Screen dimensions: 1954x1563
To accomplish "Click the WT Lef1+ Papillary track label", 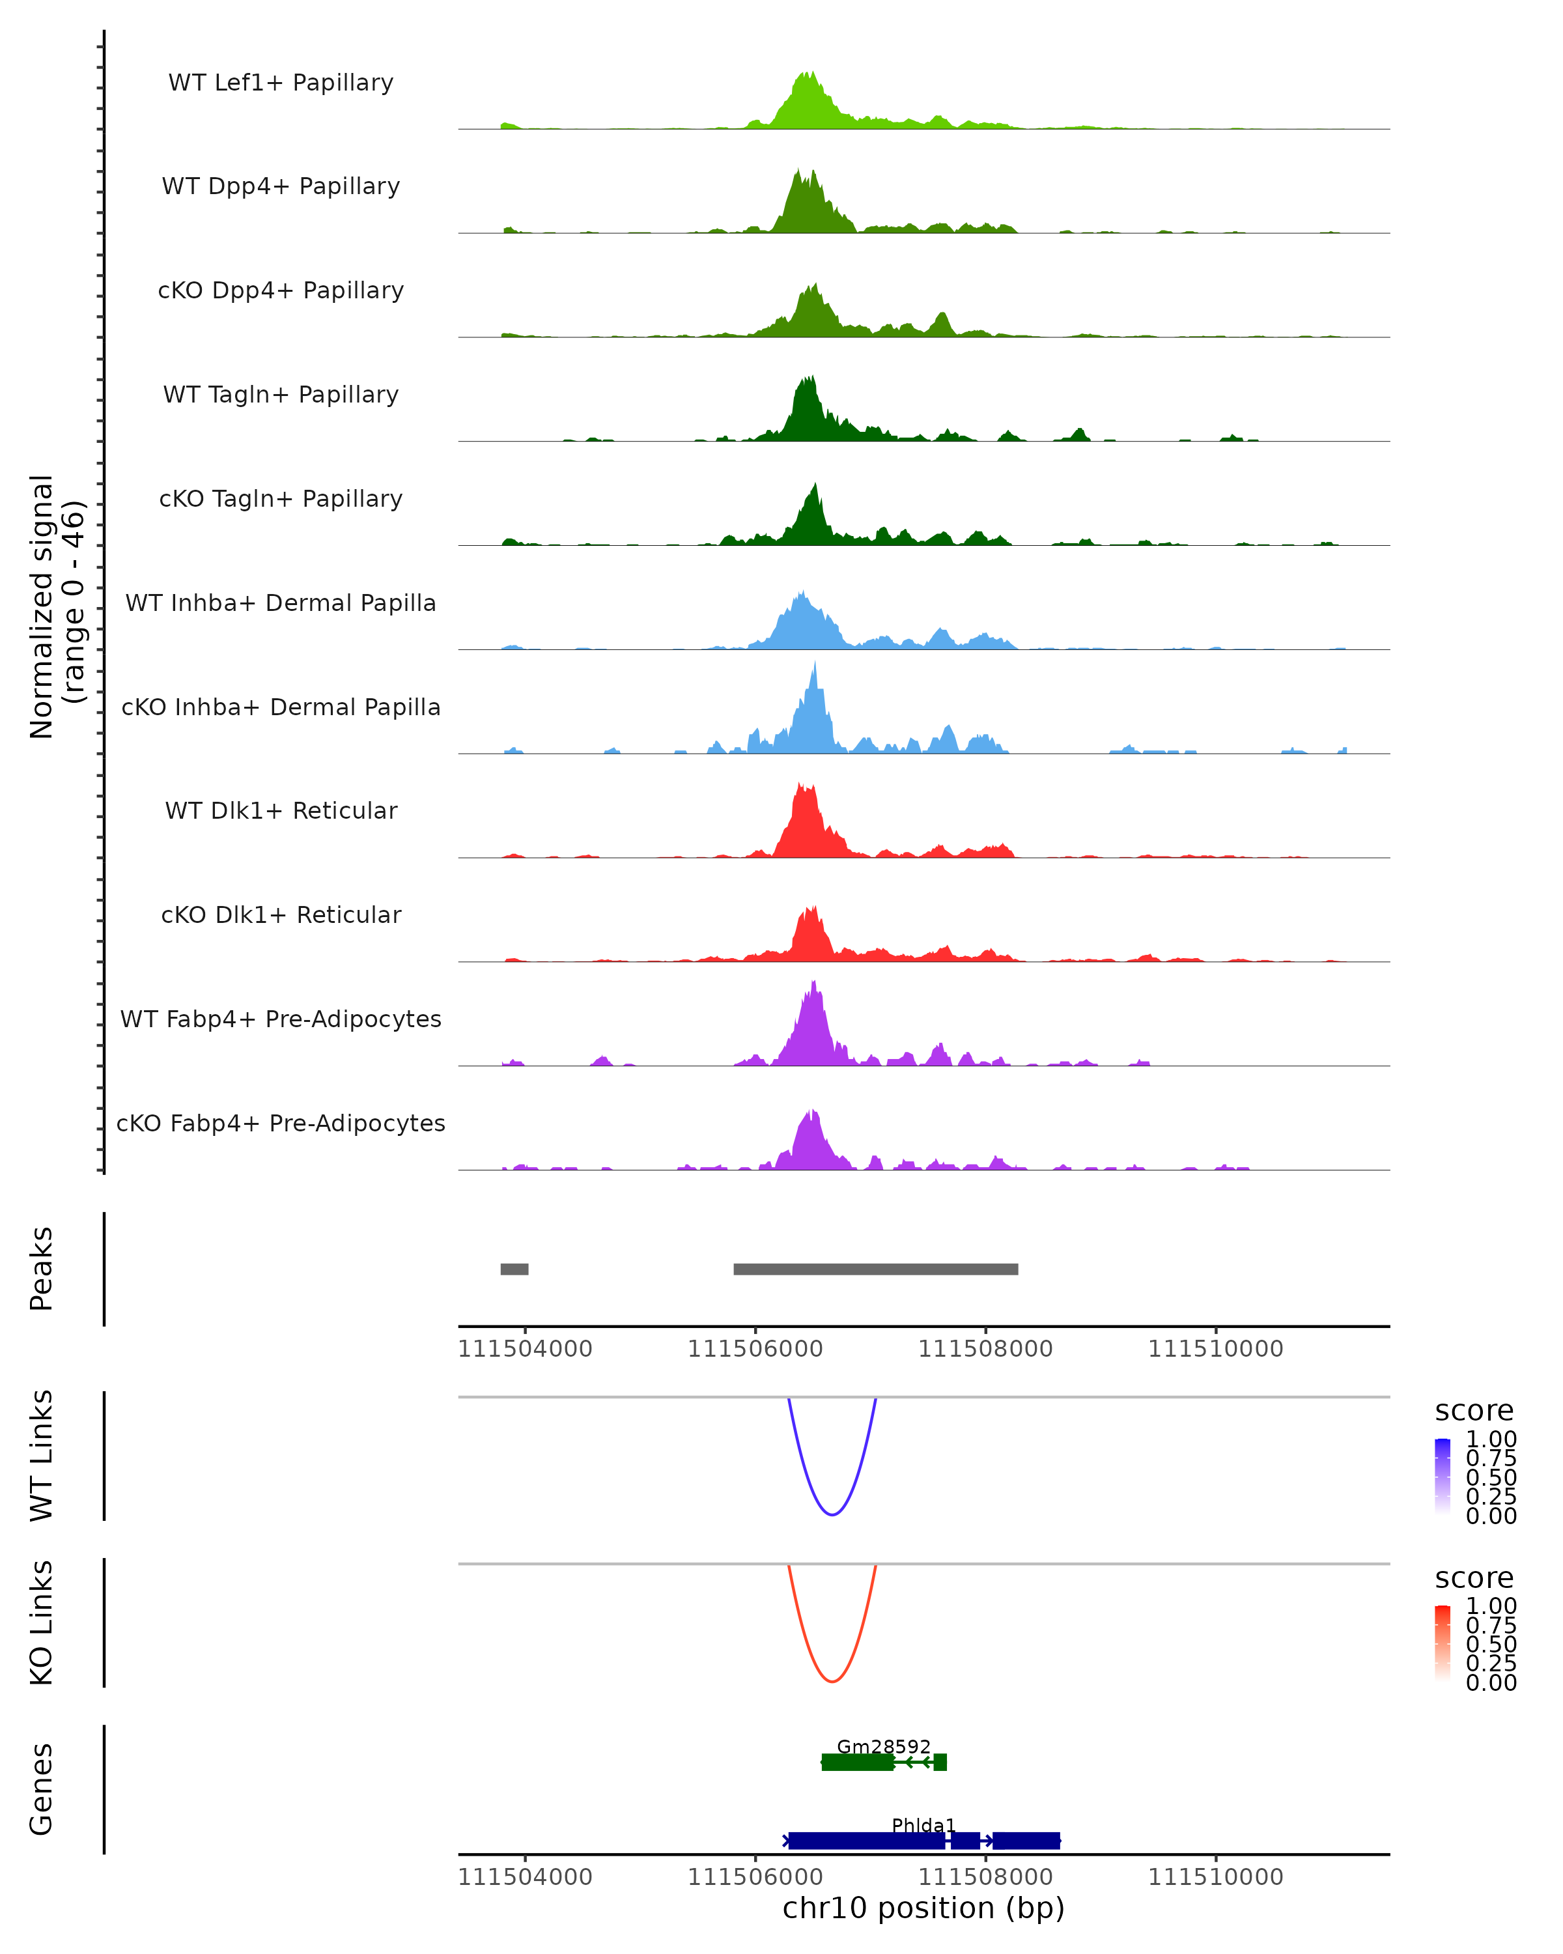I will pyautogui.click(x=281, y=83).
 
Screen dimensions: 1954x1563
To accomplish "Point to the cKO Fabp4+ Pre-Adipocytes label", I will pyautogui.click(x=281, y=1123).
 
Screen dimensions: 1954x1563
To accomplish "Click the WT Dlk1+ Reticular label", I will pyautogui.click(x=281, y=811).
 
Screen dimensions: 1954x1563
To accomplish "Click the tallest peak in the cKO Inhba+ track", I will pyautogui.click(x=815, y=664).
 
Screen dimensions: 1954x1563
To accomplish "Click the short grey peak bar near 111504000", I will pyautogui.click(x=514, y=1269).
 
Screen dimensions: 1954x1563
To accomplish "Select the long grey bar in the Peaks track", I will pyautogui.click(x=875, y=1269).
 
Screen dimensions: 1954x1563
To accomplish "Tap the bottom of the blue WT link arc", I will pyautogui.click(x=832, y=1514).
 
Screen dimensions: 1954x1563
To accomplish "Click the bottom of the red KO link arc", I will pyautogui.click(x=832, y=1681).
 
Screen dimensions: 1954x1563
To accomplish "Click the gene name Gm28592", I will pyautogui.click(x=884, y=1746).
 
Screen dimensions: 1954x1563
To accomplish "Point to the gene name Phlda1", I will pyautogui.click(x=923, y=1825).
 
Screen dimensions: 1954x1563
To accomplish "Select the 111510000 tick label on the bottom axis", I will pyautogui.click(x=1215, y=1877).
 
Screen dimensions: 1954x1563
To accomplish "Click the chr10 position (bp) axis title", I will pyautogui.click(x=923, y=1908).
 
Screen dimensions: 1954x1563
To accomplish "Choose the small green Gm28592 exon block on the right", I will pyautogui.click(x=940, y=1762).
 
